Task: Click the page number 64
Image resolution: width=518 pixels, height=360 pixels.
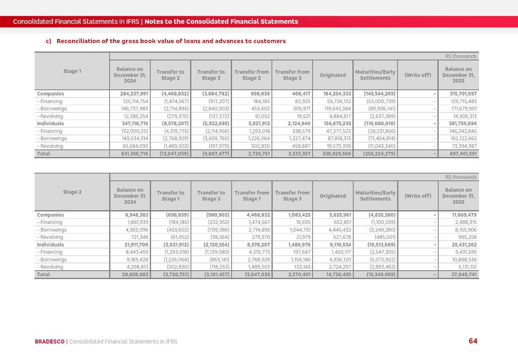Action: coord(473,341)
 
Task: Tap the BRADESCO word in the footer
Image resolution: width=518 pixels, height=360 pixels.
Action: coord(50,341)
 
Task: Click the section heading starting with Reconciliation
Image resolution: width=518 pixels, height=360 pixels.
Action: coord(171,41)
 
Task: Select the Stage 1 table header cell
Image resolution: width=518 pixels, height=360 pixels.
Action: coord(72,71)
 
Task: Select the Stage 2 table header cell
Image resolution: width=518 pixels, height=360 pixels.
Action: coord(72,192)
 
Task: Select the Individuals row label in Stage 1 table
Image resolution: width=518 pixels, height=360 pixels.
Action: coord(50,124)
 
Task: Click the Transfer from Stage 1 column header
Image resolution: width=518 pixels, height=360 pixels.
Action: coord(251,196)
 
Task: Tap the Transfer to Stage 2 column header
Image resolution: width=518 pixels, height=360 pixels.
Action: coord(170,75)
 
